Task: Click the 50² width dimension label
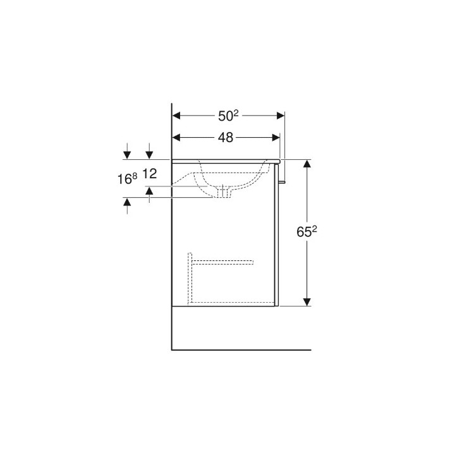pyautogui.click(x=228, y=116)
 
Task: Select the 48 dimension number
pyautogui.click(x=226, y=138)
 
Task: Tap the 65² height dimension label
pyautogui.click(x=306, y=231)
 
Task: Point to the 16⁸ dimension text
pyautogui.click(x=127, y=179)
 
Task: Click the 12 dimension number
pyautogui.click(x=149, y=174)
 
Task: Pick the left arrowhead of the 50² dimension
pyautogui.click(x=177, y=116)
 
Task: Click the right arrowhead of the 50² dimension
pyautogui.click(x=281, y=116)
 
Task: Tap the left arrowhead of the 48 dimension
pyautogui.click(x=177, y=138)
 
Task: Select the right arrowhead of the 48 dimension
pyautogui.click(x=276, y=138)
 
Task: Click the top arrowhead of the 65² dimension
pyautogui.click(x=307, y=164)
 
